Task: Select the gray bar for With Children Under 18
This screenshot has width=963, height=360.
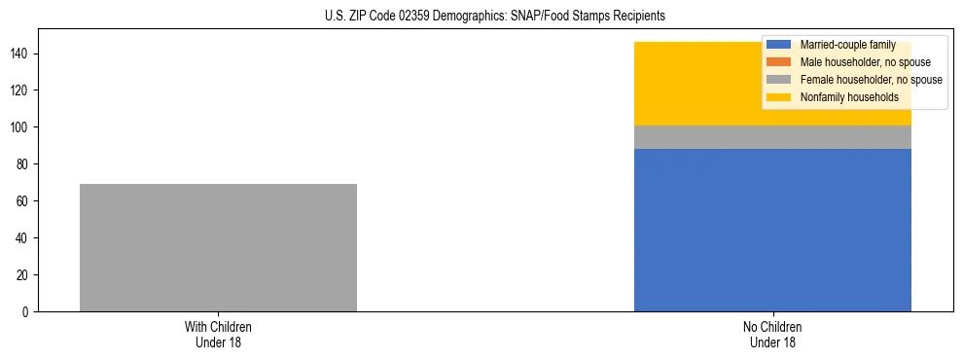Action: (x=218, y=247)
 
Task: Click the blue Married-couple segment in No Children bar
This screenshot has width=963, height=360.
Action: (x=772, y=230)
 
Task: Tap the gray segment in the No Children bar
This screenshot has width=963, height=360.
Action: (x=772, y=137)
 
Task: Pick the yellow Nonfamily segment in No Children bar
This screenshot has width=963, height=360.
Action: (x=700, y=84)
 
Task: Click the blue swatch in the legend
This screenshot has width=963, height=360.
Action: (x=779, y=45)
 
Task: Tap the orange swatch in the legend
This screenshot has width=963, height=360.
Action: (x=779, y=62)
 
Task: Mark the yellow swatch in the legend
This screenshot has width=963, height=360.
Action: (x=779, y=97)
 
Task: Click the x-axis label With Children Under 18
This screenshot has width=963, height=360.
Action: (x=218, y=335)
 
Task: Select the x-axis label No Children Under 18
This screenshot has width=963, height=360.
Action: (x=772, y=335)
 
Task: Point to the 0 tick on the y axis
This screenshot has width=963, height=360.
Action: (x=28, y=312)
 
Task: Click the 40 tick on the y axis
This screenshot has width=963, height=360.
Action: (x=25, y=238)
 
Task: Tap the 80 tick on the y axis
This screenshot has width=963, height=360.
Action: (x=25, y=164)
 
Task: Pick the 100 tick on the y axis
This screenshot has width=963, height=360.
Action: (x=22, y=127)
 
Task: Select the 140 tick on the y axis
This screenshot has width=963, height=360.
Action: (x=22, y=54)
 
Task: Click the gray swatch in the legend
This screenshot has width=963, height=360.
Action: (x=779, y=80)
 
